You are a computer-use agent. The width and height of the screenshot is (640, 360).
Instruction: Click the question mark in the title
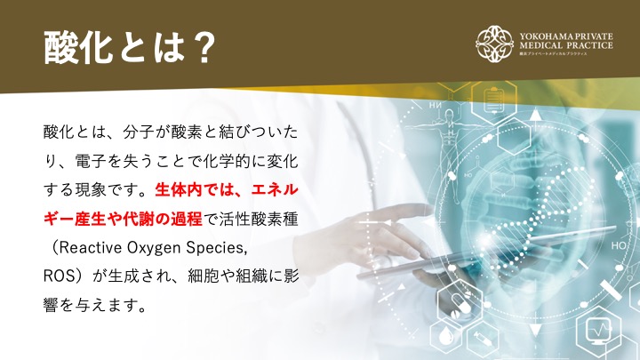[203, 47]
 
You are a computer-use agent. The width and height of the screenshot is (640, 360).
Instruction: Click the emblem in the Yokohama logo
[494, 44]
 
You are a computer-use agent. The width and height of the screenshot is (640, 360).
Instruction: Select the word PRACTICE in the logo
[589, 45]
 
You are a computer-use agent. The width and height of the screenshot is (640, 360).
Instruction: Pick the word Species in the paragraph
[216, 249]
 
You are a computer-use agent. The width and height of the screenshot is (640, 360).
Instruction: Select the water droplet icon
[446, 336]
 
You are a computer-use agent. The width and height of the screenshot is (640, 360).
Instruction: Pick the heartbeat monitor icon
[598, 329]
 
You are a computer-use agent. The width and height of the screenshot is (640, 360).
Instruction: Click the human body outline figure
[450, 151]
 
